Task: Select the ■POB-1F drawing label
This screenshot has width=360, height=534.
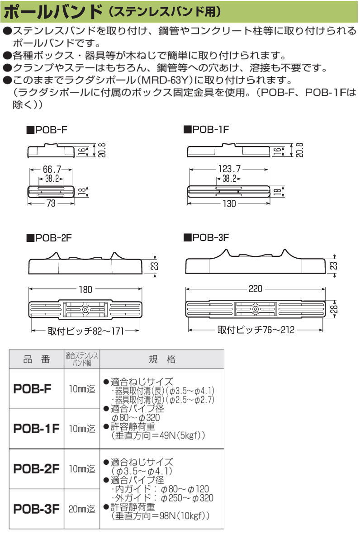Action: [205, 131]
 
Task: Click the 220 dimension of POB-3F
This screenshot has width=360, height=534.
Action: [256, 288]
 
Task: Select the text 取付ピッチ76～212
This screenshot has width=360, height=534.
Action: [256, 331]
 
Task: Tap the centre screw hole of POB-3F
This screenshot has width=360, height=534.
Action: [256, 310]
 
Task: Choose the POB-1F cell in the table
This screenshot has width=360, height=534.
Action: [34, 428]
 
